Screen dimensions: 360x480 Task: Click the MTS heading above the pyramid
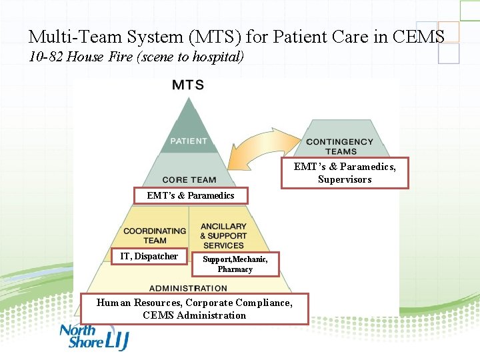tap(188, 85)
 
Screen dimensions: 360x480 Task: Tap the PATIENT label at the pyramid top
tap(189, 141)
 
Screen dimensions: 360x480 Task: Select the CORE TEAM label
tap(189, 179)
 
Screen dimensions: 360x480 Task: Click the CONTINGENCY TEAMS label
tap(339, 146)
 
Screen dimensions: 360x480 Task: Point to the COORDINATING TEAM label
tap(154, 235)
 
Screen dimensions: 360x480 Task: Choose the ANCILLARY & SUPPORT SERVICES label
tap(223, 235)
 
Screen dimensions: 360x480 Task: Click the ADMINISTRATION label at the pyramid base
tap(188, 288)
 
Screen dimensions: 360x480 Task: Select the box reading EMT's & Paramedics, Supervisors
tap(345, 173)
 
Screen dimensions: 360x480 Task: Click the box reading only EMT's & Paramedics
tap(191, 195)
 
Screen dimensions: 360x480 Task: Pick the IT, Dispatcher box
tap(149, 256)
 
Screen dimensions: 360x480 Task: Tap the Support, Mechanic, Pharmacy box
tap(235, 264)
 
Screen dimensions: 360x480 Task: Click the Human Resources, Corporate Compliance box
tap(194, 309)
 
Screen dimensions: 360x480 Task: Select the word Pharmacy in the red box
tap(235, 269)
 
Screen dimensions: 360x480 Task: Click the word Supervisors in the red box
tap(345, 179)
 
